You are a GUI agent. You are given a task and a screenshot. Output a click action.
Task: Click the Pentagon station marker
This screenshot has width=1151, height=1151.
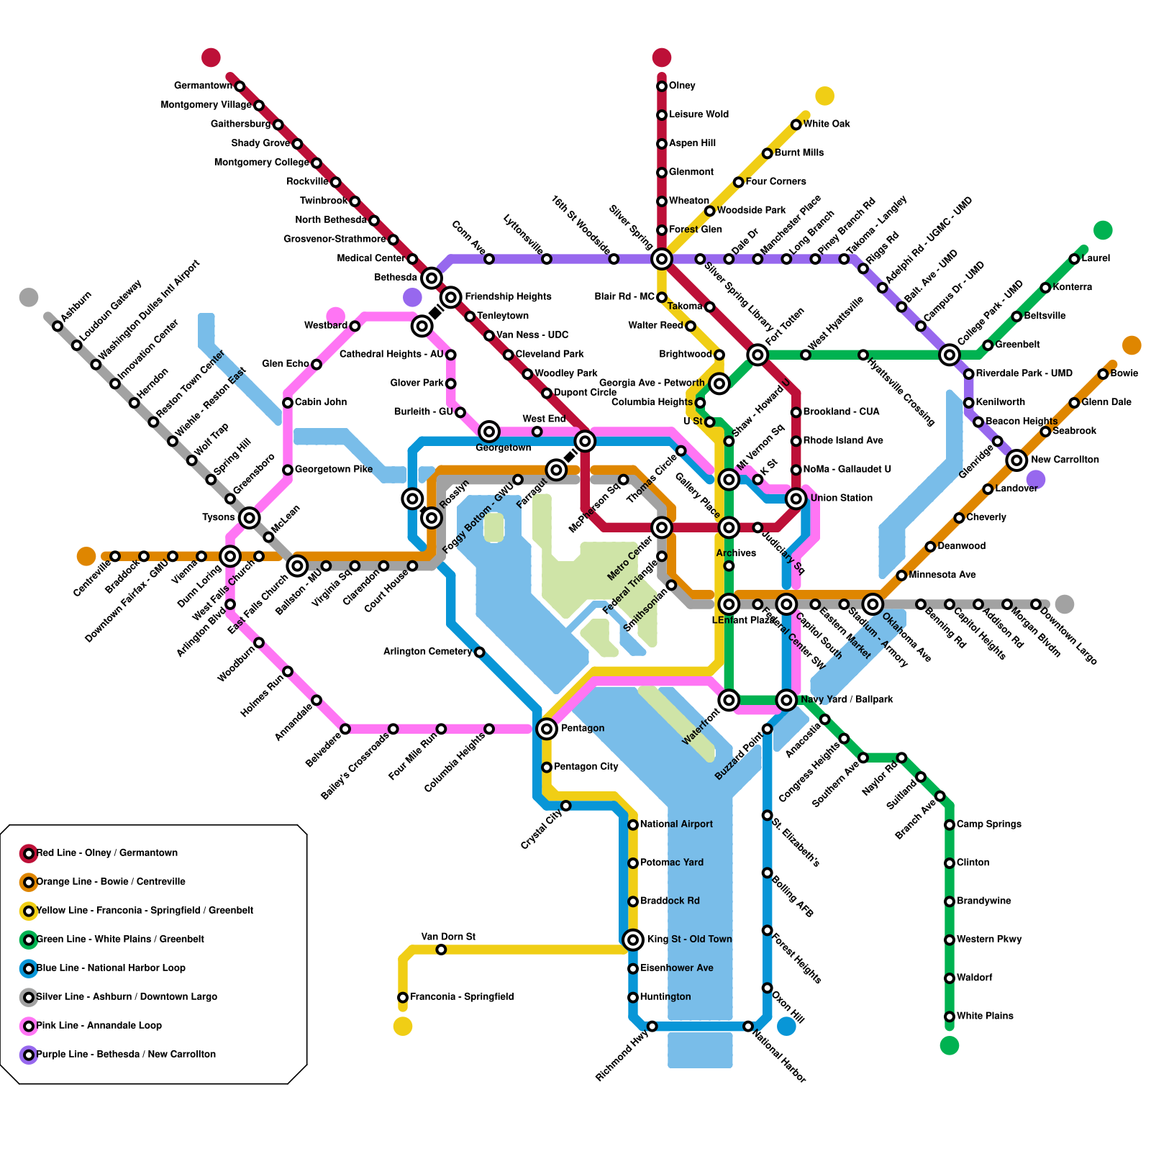(x=547, y=729)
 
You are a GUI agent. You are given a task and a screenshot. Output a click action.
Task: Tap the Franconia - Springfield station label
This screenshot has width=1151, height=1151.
(x=462, y=997)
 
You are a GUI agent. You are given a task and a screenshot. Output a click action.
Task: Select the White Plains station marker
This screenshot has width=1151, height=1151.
(x=950, y=1016)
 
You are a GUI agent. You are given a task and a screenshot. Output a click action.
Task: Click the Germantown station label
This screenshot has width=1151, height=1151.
(x=203, y=86)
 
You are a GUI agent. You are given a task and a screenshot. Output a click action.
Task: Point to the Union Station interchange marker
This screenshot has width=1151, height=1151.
(x=796, y=499)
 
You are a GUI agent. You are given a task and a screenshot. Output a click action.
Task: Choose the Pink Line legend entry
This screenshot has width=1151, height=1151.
(x=99, y=1026)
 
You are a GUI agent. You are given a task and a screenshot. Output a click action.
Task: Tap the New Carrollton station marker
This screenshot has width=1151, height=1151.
(x=1016, y=460)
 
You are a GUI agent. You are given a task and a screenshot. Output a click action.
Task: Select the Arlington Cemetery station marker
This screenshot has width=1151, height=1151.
(x=480, y=652)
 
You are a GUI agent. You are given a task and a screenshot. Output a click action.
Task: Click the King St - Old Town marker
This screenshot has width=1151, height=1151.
(x=633, y=940)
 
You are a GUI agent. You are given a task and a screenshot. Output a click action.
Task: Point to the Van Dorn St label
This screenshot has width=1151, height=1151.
(x=447, y=937)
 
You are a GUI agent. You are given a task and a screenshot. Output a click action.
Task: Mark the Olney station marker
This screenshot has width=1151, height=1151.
(x=662, y=86)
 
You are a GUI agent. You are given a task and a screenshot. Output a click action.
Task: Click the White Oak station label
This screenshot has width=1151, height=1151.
(x=827, y=124)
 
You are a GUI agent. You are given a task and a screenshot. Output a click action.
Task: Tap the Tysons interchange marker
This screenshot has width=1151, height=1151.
(x=250, y=517)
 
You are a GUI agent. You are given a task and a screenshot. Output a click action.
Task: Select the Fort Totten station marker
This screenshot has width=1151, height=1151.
(x=758, y=355)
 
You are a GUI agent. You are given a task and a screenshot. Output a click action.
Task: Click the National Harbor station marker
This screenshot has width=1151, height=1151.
(x=748, y=1026)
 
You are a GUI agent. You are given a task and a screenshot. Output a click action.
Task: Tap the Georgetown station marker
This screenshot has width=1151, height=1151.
(x=489, y=432)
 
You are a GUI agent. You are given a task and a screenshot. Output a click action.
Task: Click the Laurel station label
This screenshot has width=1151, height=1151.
(x=1096, y=258)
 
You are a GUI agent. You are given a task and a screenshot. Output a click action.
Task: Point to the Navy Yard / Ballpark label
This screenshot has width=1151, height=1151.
(x=847, y=699)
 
